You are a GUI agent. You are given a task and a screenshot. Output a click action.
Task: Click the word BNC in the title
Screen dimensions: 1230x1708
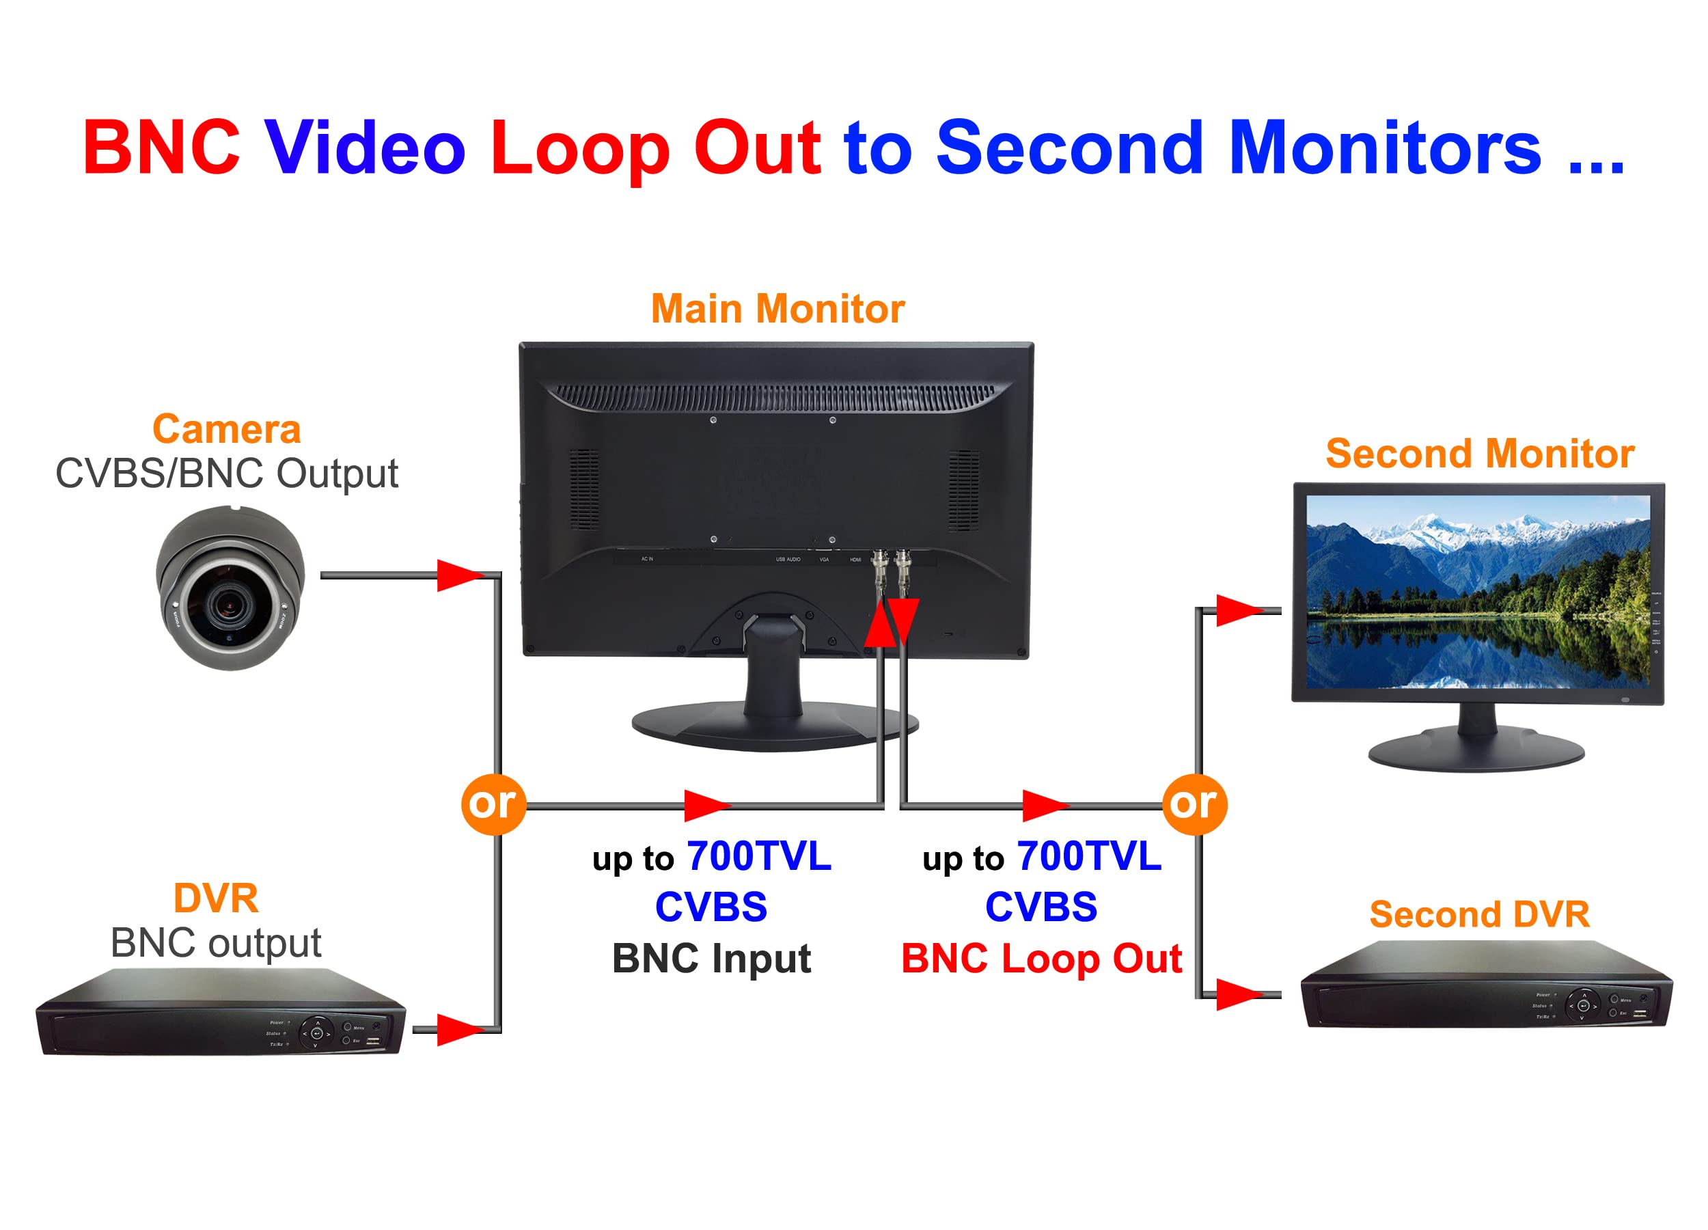[162, 148]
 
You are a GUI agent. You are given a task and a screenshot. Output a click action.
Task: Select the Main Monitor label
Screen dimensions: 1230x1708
[777, 309]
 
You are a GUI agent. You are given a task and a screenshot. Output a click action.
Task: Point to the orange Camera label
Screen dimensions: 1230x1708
[227, 429]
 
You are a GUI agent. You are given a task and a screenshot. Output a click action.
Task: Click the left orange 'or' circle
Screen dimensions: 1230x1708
[493, 804]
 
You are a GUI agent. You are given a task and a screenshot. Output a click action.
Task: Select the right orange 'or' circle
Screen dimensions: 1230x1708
[1194, 804]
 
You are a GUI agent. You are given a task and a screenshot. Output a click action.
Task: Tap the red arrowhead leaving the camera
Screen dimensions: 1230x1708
[458, 575]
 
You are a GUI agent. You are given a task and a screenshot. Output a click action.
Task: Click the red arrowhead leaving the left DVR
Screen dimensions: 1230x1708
[458, 1030]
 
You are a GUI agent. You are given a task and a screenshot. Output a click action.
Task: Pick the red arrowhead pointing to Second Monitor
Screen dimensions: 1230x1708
[1237, 610]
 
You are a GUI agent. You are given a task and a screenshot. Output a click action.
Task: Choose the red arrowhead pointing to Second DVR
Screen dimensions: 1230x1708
[1237, 994]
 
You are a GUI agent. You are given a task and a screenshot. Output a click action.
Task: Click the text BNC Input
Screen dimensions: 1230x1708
[711, 958]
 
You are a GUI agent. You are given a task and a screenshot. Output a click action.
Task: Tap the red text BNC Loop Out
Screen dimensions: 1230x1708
[1041, 958]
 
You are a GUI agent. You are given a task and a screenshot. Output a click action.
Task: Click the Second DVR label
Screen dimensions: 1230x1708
[1479, 914]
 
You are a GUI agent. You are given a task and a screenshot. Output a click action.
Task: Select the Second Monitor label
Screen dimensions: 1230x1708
[1479, 454]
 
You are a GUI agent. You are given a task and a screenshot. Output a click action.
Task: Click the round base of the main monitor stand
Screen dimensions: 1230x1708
[774, 727]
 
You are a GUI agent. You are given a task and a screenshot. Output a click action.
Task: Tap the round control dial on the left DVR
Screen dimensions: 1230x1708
[316, 1033]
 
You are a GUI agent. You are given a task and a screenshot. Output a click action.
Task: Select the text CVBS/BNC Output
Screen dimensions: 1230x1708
[227, 473]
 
